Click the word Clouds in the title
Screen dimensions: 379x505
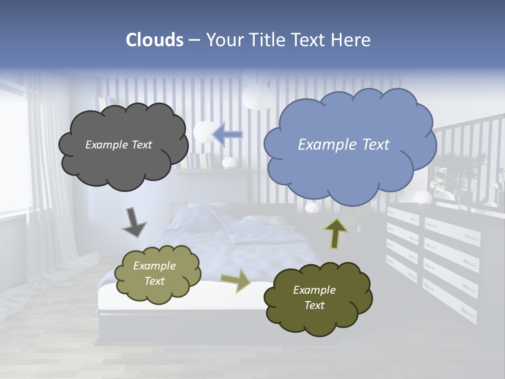[x=155, y=40]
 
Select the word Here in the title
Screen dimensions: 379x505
[x=352, y=40]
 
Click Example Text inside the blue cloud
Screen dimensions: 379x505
[x=344, y=145]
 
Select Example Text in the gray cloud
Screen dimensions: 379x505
[x=118, y=145]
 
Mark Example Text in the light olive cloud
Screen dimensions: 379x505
[x=154, y=274]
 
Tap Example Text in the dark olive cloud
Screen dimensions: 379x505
[x=314, y=297]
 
